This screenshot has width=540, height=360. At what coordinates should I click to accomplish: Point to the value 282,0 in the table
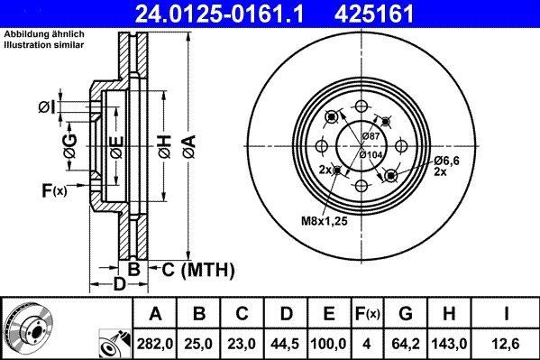point(155,343)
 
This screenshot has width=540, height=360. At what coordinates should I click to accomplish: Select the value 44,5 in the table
point(286,343)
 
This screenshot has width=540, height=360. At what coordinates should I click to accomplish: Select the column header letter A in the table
point(155,314)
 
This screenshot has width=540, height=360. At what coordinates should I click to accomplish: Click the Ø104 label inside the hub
point(372,154)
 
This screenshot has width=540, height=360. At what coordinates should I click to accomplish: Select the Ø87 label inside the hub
point(371,135)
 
